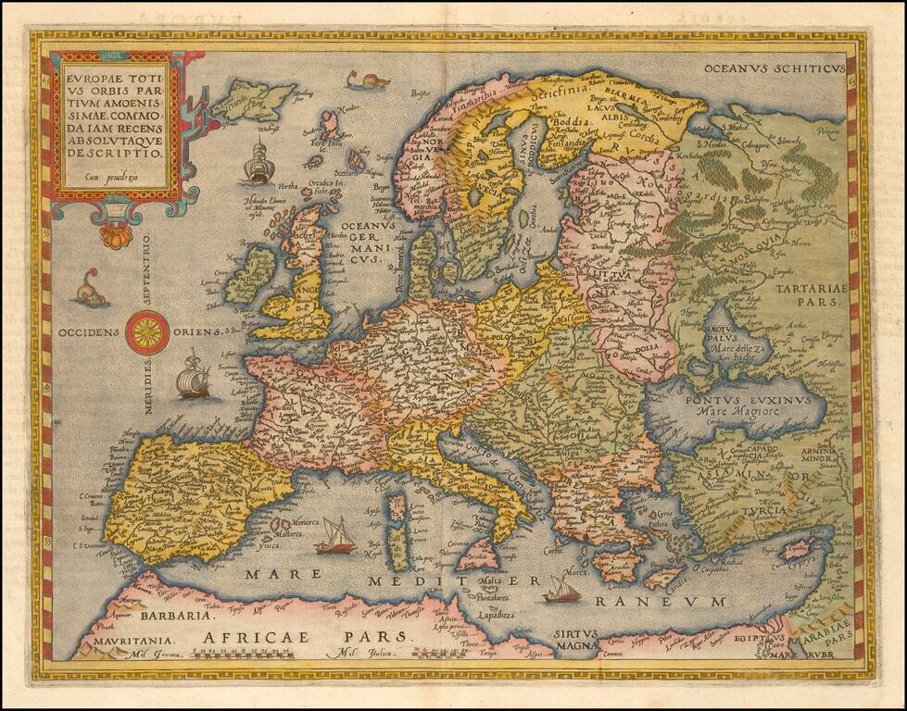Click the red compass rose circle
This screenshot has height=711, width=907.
pos(147,331)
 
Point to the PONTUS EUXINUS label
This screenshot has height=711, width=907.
pos(748,401)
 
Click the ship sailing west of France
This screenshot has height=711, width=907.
pos(193,375)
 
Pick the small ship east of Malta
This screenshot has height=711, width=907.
pos(561,589)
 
